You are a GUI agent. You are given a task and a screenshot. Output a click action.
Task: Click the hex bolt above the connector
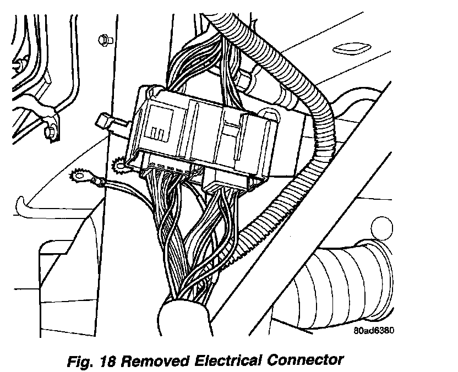point(102,40)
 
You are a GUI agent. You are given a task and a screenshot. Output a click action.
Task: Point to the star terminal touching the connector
point(119,164)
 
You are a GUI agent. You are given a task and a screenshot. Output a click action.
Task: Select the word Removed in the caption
point(154,361)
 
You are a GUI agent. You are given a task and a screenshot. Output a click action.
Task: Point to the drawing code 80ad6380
point(375,330)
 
